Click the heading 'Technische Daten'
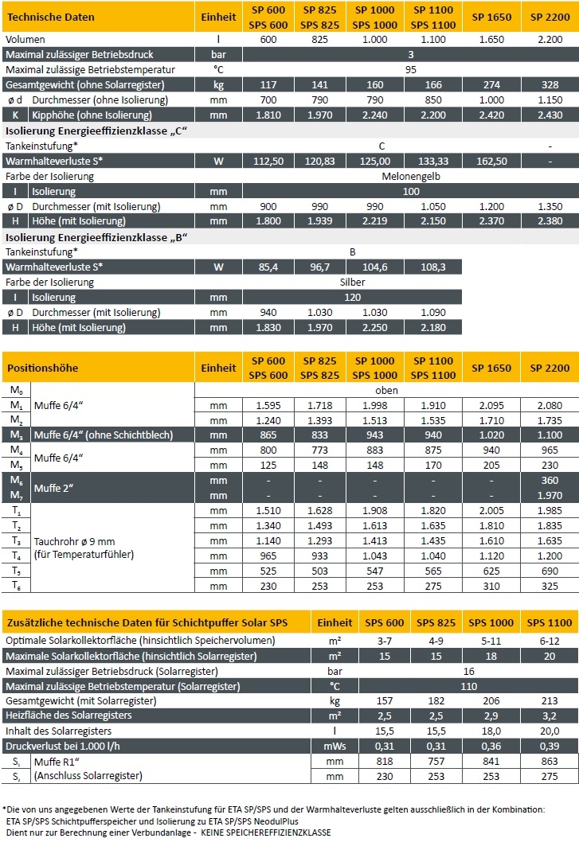click(x=50, y=17)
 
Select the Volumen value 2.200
click(x=550, y=39)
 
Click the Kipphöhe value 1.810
click(x=268, y=115)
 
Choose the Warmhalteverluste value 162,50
click(x=491, y=161)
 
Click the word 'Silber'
click(x=352, y=282)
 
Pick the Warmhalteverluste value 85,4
click(x=268, y=267)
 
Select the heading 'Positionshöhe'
click(x=43, y=368)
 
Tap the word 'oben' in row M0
click(x=386, y=391)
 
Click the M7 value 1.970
click(x=550, y=496)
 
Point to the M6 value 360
click(x=550, y=481)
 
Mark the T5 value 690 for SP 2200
click(x=550, y=571)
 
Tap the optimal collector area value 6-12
click(x=538, y=641)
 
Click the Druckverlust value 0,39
click(x=538, y=746)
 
